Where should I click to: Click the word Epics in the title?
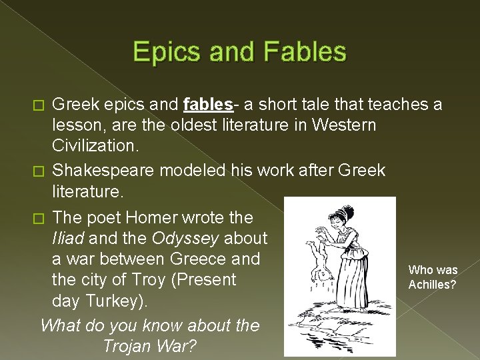[166, 52]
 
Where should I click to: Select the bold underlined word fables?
[207, 104]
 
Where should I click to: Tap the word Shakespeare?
[109, 170]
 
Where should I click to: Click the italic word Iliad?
[69, 238]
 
